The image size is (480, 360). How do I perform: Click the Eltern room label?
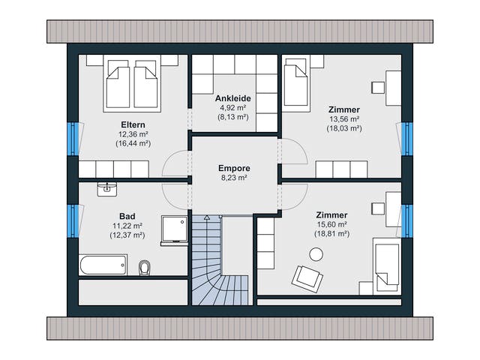click(x=133, y=125)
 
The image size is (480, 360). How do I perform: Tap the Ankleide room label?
click(x=233, y=98)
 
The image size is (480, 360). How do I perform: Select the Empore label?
click(x=234, y=168)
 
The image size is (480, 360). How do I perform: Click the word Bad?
click(x=127, y=217)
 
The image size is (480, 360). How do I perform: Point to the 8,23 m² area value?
click(x=234, y=178)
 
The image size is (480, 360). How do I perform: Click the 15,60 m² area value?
click(x=331, y=224)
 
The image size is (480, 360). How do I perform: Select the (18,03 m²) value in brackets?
click(x=344, y=128)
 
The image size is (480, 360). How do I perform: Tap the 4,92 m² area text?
click(x=233, y=108)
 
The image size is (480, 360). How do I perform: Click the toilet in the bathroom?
click(x=144, y=268)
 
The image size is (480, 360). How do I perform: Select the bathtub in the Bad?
click(x=103, y=265)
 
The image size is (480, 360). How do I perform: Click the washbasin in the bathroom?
click(x=106, y=190)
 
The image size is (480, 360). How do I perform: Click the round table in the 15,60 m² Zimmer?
click(x=316, y=254)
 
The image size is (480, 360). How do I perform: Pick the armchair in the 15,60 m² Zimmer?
click(x=307, y=279)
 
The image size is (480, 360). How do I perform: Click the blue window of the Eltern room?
click(x=73, y=139)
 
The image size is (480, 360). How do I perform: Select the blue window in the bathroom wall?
click(x=73, y=221)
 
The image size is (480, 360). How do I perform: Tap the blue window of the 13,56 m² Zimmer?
click(x=407, y=139)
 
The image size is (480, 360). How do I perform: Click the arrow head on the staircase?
click(x=207, y=217)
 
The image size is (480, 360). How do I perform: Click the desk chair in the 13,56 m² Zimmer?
click(x=378, y=88)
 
